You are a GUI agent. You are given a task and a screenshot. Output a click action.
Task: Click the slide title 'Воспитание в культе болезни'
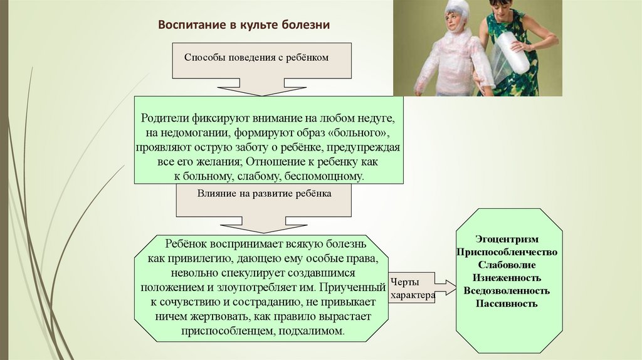[x=243, y=25]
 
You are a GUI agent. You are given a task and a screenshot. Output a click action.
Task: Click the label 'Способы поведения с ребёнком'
[x=256, y=58]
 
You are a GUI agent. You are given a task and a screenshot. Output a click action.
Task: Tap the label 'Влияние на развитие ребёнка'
[x=265, y=194]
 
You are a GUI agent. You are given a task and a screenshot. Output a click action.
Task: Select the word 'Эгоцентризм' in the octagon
[x=507, y=240]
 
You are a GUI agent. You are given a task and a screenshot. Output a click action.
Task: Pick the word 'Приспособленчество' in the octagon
[x=507, y=252]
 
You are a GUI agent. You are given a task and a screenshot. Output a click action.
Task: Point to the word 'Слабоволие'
[x=507, y=265]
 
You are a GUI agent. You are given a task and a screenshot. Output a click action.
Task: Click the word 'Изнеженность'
[x=507, y=278]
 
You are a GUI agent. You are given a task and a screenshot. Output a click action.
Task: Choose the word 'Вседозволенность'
[x=507, y=291]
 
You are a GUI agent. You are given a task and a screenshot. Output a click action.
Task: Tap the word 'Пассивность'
[x=507, y=304]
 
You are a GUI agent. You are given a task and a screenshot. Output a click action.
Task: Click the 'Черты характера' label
[x=412, y=289]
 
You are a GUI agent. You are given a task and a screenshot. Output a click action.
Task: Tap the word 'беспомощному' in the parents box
[x=327, y=177]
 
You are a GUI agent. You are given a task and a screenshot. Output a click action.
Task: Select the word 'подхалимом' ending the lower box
[x=314, y=331]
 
